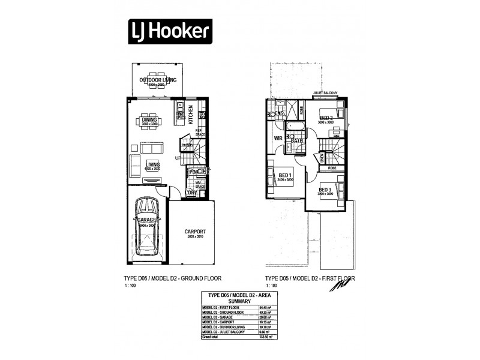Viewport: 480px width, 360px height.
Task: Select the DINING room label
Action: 150,120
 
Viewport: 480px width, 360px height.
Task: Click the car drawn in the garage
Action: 147,226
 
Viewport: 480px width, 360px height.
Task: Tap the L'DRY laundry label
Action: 192,193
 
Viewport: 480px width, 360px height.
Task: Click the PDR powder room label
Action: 193,173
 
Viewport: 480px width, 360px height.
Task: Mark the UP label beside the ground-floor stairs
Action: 178,158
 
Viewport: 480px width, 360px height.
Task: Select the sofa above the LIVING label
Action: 151,148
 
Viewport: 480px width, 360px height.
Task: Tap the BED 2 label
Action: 326,118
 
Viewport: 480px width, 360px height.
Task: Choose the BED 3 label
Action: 325,190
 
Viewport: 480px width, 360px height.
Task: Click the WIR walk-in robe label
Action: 278,138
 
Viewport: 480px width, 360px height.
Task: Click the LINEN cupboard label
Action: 323,157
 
